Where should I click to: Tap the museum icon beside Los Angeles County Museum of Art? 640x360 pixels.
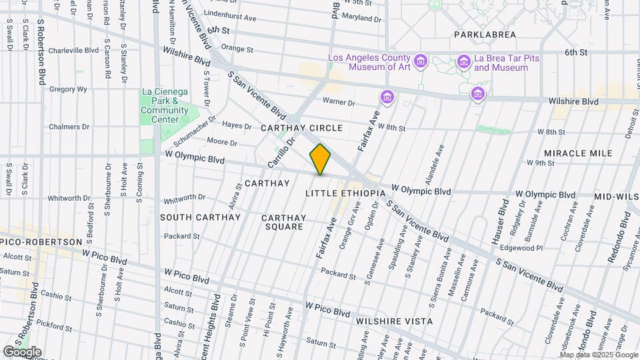click(x=420, y=63)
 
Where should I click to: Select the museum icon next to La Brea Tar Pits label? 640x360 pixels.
click(x=464, y=63)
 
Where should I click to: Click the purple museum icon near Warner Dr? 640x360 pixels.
click(x=387, y=99)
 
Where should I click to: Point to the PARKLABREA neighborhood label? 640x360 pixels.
click(x=486, y=34)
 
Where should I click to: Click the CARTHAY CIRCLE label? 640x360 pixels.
click(x=301, y=127)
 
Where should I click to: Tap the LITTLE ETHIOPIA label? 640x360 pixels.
click(x=345, y=193)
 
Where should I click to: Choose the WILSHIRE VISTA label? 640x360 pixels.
click(x=394, y=321)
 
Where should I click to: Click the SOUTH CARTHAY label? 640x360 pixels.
click(x=200, y=217)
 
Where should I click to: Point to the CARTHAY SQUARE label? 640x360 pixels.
click(x=283, y=222)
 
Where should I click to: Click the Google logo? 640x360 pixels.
click(x=22, y=352)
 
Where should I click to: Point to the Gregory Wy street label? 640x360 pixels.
click(x=68, y=89)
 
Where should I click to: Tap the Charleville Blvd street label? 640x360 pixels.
click(x=73, y=50)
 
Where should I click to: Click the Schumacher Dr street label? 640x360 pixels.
click(x=195, y=131)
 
